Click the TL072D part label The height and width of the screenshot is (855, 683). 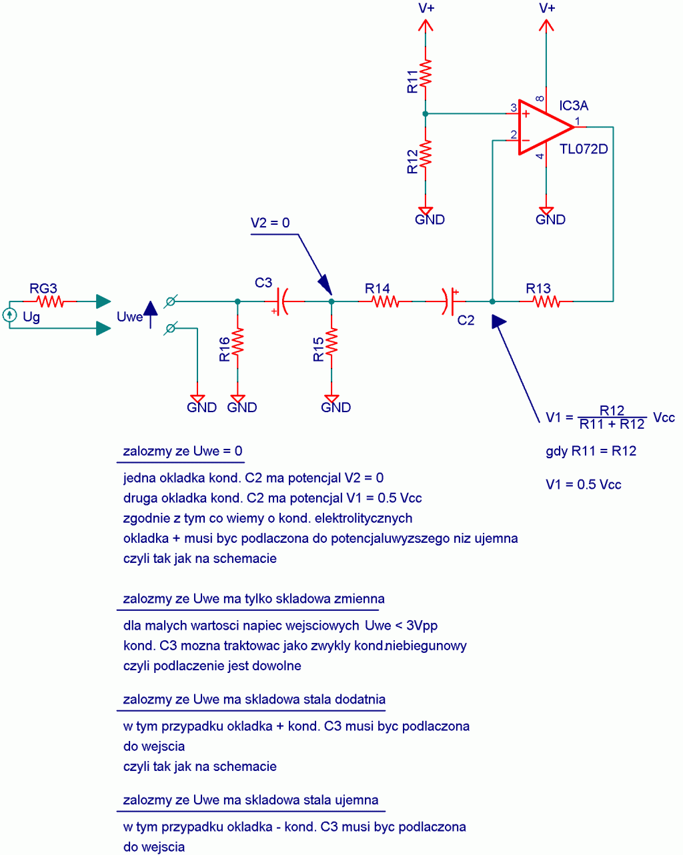pyautogui.click(x=584, y=149)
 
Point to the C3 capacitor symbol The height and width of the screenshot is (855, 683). pyautogui.click(x=283, y=301)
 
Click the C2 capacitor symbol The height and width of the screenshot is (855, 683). pyautogui.click(x=448, y=301)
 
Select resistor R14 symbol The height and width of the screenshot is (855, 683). pyautogui.click(x=385, y=301)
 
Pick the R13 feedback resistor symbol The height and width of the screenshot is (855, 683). pyautogui.click(x=546, y=301)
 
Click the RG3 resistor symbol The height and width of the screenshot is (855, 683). pyautogui.click(x=50, y=301)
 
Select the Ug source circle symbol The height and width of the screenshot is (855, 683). pyautogui.click(x=9, y=315)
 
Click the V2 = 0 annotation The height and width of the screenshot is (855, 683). pyautogui.click(x=270, y=223)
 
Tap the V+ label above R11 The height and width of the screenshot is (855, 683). pyautogui.click(x=426, y=8)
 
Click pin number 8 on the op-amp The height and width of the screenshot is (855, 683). pyautogui.click(x=540, y=99)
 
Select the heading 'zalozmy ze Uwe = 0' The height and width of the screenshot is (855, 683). pyautogui.click(x=182, y=452)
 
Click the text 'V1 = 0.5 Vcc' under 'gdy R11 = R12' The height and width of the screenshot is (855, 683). pyautogui.click(x=583, y=485)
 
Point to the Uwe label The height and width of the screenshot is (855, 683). pyautogui.click(x=129, y=317)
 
